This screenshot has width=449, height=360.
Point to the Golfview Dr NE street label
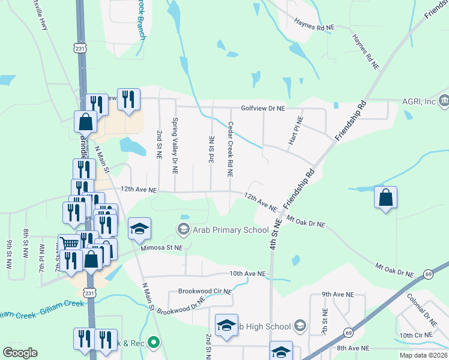(x=262, y=108)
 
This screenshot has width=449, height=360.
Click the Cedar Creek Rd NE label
(x=230, y=149)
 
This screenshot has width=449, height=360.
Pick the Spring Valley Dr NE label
(x=175, y=146)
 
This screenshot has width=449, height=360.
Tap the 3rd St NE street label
(x=211, y=151)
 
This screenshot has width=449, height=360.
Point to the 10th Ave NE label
(x=247, y=274)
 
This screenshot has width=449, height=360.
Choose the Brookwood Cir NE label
(x=205, y=292)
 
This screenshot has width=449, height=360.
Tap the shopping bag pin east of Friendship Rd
(x=385, y=197)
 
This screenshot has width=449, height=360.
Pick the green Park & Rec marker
(x=154, y=343)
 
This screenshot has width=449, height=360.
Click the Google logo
(x=20, y=353)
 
